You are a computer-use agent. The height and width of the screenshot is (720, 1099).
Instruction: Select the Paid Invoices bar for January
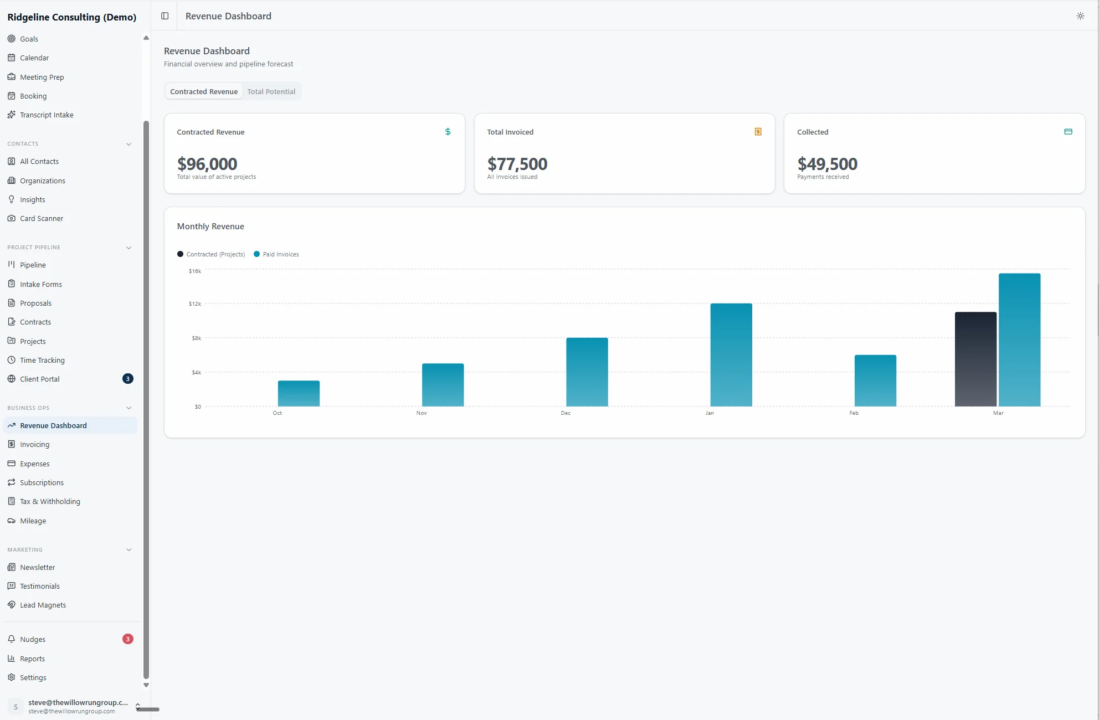click(x=731, y=354)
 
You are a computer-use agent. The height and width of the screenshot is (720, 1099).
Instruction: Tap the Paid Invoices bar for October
click(x=299, y=393)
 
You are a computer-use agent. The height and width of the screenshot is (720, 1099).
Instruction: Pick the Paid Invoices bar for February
click(x=875, y=380)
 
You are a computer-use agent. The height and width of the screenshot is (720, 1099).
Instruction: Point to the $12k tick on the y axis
click(x=195, y=304)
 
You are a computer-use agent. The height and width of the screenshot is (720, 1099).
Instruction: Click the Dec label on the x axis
click(x=566, y=413)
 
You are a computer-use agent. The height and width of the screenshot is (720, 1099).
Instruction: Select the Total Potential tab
click(x=271, y=92)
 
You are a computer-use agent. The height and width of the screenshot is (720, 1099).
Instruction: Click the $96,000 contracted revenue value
click(x=207, y=164)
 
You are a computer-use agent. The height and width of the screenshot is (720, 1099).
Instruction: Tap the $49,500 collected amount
click(x=827, y=164)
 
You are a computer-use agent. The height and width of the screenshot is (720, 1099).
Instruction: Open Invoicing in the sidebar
click(x=34, y=445)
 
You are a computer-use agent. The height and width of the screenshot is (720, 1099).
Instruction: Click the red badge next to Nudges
click(x=127, y=639)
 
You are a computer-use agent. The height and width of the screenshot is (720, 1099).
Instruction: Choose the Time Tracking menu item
click(x=42, y=361)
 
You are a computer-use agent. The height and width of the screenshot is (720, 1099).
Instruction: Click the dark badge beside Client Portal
click(x=127, y=379)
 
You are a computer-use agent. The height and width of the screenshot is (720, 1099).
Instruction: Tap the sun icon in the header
click(x=1080, y=16)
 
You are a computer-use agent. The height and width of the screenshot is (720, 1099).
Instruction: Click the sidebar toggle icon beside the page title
click(x=165, y=16)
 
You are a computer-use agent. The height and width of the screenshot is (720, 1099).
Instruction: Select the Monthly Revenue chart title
click(x=210, y=227)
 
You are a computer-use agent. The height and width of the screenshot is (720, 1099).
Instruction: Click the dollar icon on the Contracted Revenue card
click(x=448, y=132)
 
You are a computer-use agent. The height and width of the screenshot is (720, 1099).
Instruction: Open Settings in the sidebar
click(x=33, y=678)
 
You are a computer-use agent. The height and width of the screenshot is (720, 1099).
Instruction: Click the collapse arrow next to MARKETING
click(x=129, y=550)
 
